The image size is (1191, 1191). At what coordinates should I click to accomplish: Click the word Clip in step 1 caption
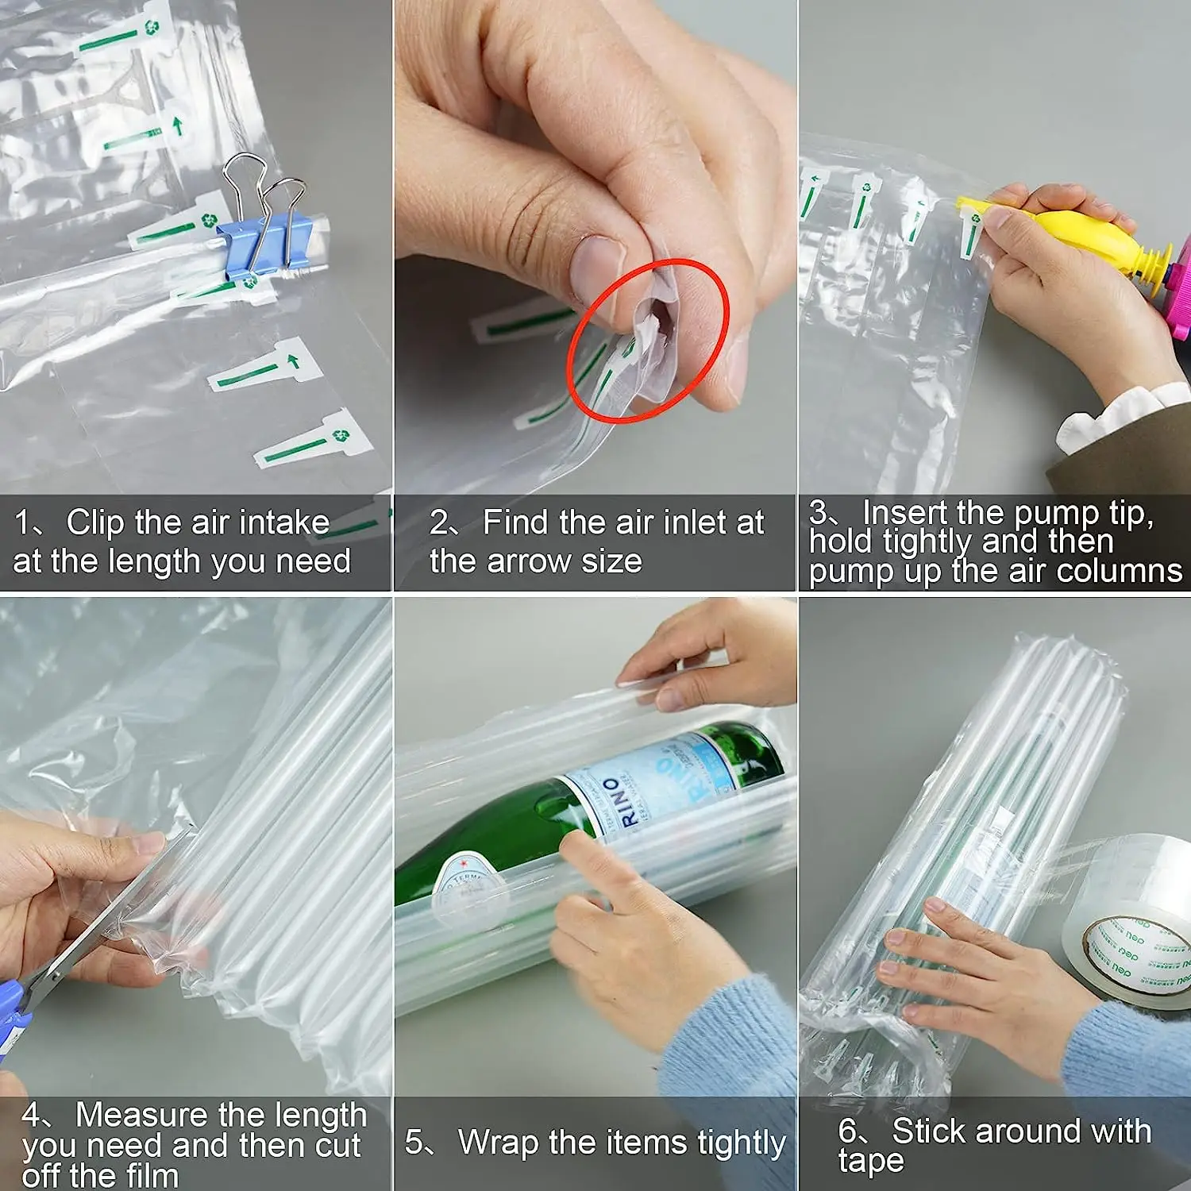pyautogui.click(x=95, y=522)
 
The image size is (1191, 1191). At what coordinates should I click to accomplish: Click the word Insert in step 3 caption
pyautogui.click(x=905, y=512)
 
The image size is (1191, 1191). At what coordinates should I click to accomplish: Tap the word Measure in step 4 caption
pyautogui.click(x=144, y=1115)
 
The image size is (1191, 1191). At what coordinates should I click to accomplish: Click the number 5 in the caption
pyautogui.click(x=414, y=1143)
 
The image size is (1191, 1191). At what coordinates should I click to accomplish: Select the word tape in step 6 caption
pyautogui.click(x=870, y=1162)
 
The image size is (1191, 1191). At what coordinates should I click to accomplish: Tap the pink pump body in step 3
pyautogui.click(x=1179, y=294)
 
